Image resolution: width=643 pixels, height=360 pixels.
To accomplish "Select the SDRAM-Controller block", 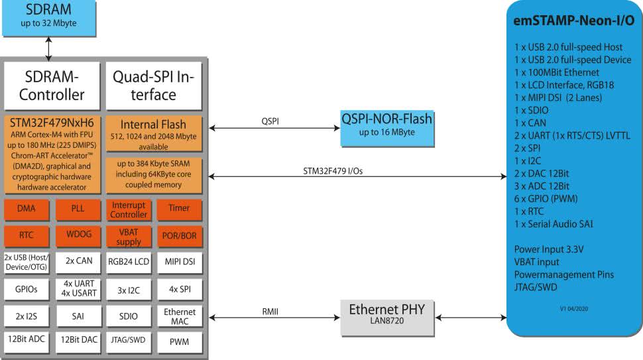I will tap(52, 86).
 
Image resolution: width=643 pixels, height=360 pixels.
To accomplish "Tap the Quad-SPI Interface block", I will tap(153, 86).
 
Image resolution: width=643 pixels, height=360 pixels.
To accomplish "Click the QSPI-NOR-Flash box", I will tap(386, 127).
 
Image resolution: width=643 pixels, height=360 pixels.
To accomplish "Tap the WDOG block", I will tap(78, 235).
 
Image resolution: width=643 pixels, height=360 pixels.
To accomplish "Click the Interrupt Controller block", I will tap(129, 210).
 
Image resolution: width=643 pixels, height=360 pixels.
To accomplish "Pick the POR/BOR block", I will tap(179, 235).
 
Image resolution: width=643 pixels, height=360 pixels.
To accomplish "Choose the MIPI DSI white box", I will tap(179, 262).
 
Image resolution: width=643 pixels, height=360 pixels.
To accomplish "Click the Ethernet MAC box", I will tap(179, 316).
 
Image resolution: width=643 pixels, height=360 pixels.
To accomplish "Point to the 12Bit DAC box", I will tap(78, 340).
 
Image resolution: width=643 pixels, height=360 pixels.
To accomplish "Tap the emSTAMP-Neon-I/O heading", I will tap(573, 21).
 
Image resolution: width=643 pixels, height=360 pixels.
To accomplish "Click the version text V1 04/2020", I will tap(573, 308).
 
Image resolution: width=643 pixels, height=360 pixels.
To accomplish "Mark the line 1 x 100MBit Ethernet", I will tap(557, 72).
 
